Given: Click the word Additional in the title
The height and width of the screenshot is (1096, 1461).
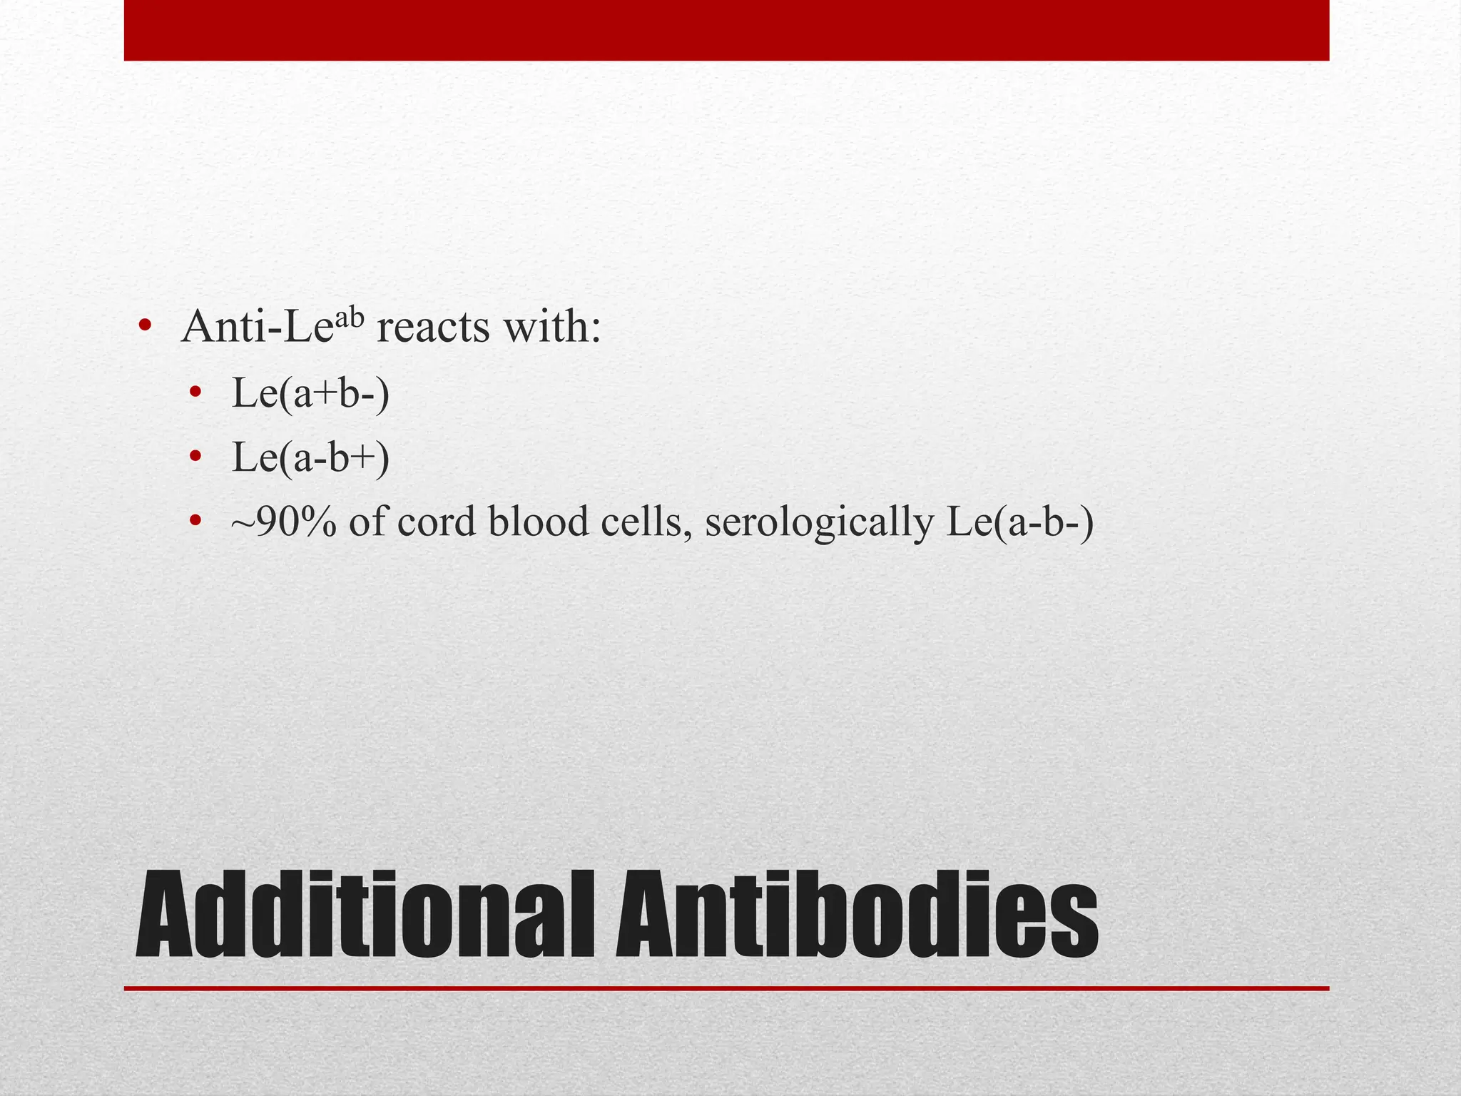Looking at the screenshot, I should point(364,915).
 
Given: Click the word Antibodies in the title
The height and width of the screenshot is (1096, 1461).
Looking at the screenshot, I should point(856,915).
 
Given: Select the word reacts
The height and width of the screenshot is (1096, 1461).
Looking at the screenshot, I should point(433,328).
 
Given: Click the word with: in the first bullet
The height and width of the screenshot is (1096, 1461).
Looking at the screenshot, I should point(551,328).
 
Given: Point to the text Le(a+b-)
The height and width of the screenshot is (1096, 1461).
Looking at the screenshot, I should point(311,393).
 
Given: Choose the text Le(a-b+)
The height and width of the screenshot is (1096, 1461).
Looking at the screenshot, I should point(311,457).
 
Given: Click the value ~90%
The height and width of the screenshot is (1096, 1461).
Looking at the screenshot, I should point(283,522).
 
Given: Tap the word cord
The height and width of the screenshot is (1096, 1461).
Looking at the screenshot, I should point(436,522).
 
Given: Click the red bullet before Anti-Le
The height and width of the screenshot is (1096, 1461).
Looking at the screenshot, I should point(145,328).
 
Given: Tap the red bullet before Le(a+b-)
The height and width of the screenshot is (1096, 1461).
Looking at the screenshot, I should point(195,392).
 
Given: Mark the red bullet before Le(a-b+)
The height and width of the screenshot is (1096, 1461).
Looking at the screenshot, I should point(195,457).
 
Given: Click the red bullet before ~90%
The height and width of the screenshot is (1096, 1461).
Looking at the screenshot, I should point(195,522).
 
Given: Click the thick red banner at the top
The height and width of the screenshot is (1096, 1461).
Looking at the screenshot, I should point(726,30).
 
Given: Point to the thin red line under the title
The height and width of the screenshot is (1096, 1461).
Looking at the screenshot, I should point(726,988).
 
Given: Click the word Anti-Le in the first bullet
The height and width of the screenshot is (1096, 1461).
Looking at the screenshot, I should point(257,328).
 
